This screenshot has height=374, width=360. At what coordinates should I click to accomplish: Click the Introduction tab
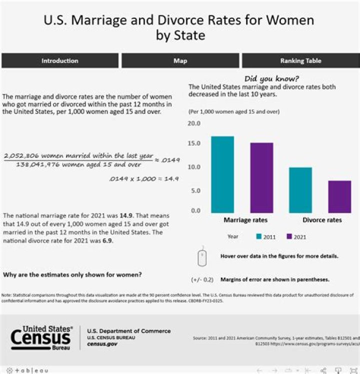pyautogui.click(x=60, y=61)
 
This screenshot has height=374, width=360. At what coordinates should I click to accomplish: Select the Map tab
pyautogui.click(x=180, y=61)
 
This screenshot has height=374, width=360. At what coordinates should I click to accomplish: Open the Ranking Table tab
pyautogui.click(x=300, y=61)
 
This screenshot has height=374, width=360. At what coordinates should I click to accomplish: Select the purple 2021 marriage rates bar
pyautogui.click(x=261, y=177)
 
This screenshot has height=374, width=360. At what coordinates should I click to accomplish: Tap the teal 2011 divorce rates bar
pyautogui.click(x=300, y=189)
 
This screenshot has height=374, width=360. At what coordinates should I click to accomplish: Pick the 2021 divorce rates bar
pyautogui.click(x=339, y=196)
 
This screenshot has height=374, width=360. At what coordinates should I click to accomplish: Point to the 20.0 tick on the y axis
pyautogui.click(x=193, y=123)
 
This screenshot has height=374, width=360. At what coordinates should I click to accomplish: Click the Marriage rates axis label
pyautogui.click(x=245, y=220)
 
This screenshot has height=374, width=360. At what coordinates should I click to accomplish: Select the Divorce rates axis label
pyautogui.click(x=322, y=220)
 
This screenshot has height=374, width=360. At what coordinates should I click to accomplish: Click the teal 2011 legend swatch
pyautogui.click(x=259, y=237)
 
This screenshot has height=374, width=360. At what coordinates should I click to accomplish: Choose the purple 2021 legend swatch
pyautogui.click(x=289, y=237)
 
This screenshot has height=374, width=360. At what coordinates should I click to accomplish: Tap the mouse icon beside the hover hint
pyautogui.click(x=202, y=257)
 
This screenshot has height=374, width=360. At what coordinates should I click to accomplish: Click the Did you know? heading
pyautogui.click(x=271, y=79)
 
